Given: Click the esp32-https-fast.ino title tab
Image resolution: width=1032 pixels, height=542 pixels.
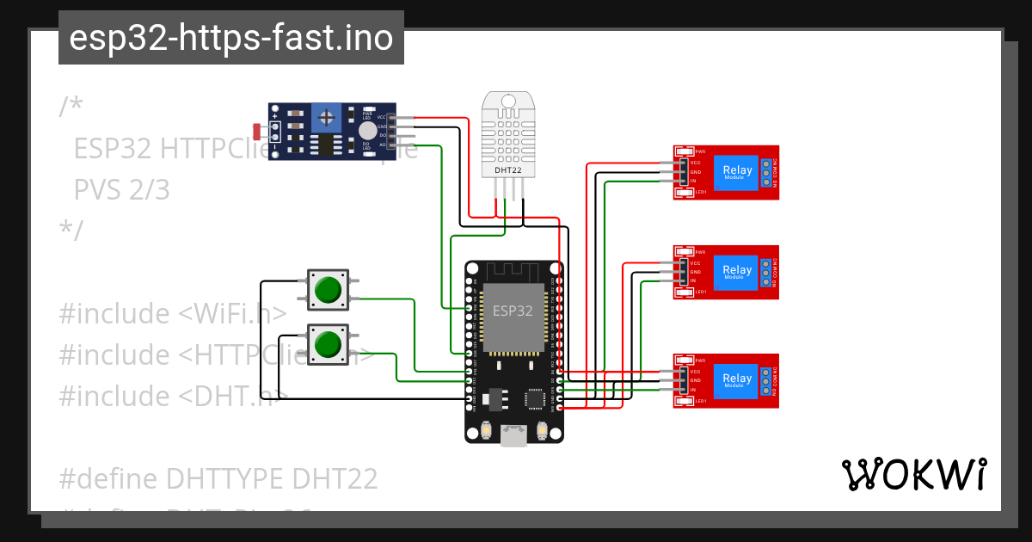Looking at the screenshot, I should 230,38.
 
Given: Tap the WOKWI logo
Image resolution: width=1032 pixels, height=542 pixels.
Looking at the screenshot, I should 913,474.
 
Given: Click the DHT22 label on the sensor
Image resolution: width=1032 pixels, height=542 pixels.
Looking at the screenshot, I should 508,170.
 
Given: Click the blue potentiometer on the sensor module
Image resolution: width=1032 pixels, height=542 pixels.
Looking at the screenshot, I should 325,116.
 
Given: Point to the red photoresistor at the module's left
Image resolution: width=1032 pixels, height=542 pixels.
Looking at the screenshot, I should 257,131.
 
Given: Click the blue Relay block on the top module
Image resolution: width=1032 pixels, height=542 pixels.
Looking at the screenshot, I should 737,171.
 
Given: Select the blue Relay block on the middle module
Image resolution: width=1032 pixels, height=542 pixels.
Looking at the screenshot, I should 737,271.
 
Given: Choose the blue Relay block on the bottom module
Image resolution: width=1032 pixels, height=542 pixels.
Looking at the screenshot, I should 737,379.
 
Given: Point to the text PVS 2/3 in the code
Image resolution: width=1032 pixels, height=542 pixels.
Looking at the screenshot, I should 122,189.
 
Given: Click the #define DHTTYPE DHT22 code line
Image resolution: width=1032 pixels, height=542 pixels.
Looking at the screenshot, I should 218,478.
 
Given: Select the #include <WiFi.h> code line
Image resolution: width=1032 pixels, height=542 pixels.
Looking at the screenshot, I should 172,314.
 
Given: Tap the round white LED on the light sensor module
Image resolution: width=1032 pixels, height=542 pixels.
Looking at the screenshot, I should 367,130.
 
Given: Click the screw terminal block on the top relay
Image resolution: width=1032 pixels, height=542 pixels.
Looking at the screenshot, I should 765,172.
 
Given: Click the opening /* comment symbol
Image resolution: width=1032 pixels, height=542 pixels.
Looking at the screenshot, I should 71,107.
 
